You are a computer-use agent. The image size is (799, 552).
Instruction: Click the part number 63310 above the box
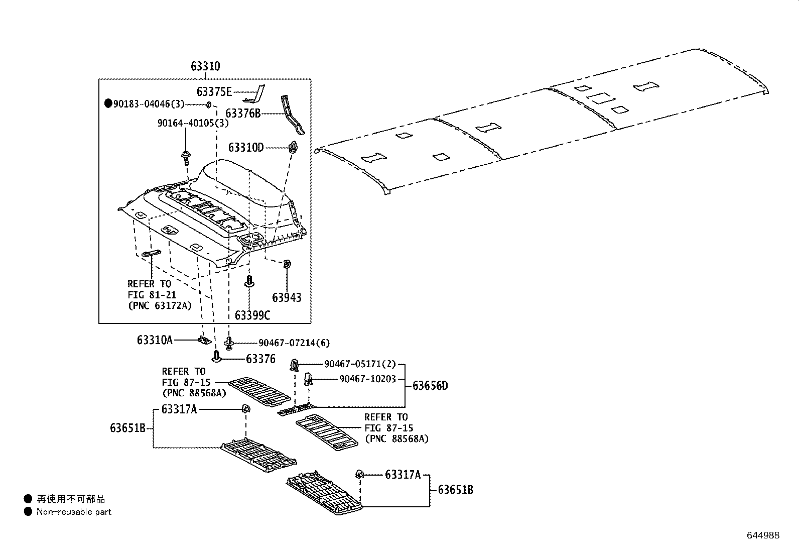tap(205, 66)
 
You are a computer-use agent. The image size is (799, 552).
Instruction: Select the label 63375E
tap(214, 91)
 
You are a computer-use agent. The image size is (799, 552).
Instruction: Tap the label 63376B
tap(243, 114)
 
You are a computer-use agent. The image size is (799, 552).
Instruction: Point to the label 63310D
tap(245, 148)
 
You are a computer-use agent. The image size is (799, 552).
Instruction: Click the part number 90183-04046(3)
tap(149, 104)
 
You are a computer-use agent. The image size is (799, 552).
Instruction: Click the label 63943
tap(287, 298)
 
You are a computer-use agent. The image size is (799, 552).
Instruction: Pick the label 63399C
tap(252, 315)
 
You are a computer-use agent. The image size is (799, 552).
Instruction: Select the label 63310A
tap(155, 341)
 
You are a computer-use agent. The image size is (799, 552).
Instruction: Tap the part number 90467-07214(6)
tap(294, 343)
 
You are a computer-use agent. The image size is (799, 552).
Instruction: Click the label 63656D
tap(430, 386)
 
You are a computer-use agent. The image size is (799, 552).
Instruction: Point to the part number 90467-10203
tap(367, 379)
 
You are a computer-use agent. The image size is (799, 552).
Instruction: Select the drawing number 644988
tap(763, 535)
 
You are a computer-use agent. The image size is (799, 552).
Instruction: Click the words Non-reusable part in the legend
tap(74, 512)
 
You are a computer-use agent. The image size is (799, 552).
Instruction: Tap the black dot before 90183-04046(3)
tap(108, 104)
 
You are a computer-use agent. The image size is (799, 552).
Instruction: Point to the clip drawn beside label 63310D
tap(293, 147)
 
